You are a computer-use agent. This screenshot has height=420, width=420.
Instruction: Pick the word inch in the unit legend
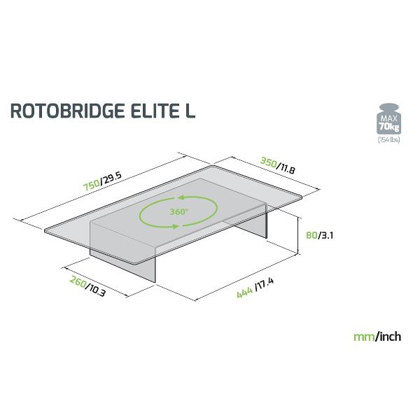(x=389, y=337)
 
